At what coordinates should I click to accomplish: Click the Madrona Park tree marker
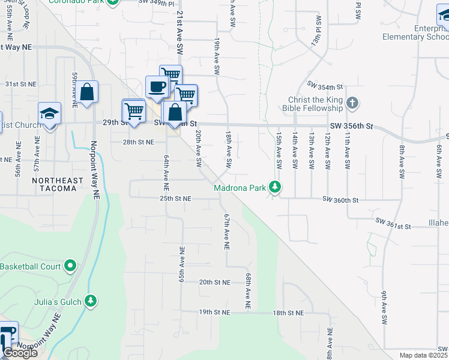276,188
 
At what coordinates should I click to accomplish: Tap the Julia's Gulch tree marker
91,300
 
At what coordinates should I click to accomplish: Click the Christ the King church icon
352,103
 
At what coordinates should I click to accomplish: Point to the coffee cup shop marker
157,86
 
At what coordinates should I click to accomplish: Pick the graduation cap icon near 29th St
49,113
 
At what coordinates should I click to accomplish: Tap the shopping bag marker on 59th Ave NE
87,92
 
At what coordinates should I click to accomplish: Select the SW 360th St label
340,199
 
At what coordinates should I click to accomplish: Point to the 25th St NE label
175,198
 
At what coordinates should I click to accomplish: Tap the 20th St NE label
215,282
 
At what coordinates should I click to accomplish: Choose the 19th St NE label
215,313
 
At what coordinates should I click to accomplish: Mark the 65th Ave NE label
181,262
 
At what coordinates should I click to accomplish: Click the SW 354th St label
324,88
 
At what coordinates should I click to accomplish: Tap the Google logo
20,352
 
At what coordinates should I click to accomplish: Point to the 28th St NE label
139,142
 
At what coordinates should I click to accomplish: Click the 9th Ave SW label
382,308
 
